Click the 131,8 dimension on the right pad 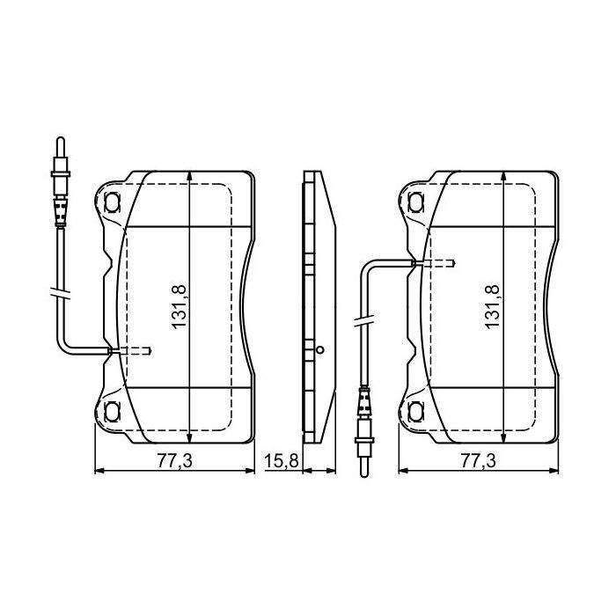[x=492, y=304]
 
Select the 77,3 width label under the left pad [x=172, y=461]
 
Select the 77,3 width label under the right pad [x=479, y=461]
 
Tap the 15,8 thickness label [x=281, y=461]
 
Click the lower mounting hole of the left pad [x=112, y=411]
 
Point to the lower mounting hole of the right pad [x=416, y=411]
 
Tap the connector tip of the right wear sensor [x=363, y=468]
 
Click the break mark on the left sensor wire [x=59, y=293]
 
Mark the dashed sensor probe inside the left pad [x=132, y=351]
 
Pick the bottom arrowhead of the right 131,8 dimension [x=502, y=437]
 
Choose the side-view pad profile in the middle [x=317, y=304]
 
